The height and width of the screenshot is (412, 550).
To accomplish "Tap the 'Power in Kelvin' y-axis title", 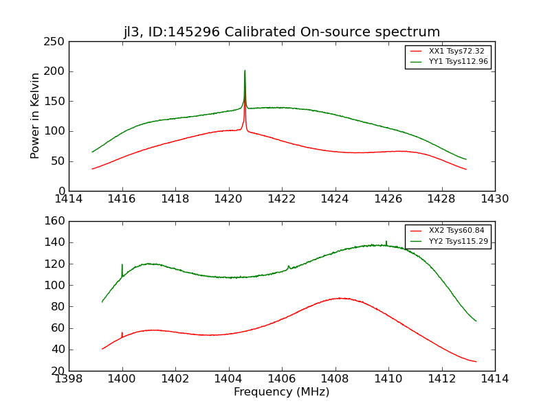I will pos(35,115).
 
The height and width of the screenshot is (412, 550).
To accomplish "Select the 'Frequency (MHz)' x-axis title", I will pos(282,392).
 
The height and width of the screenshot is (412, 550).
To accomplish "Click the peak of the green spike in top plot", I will pos(245,71).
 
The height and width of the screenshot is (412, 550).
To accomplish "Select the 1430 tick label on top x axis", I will pos(495,199).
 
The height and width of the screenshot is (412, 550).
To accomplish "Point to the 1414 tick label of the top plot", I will pos(69,199).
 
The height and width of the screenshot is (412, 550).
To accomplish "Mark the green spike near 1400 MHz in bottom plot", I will pos(122,265).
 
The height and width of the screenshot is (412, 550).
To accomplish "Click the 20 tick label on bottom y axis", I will pos(58,371).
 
